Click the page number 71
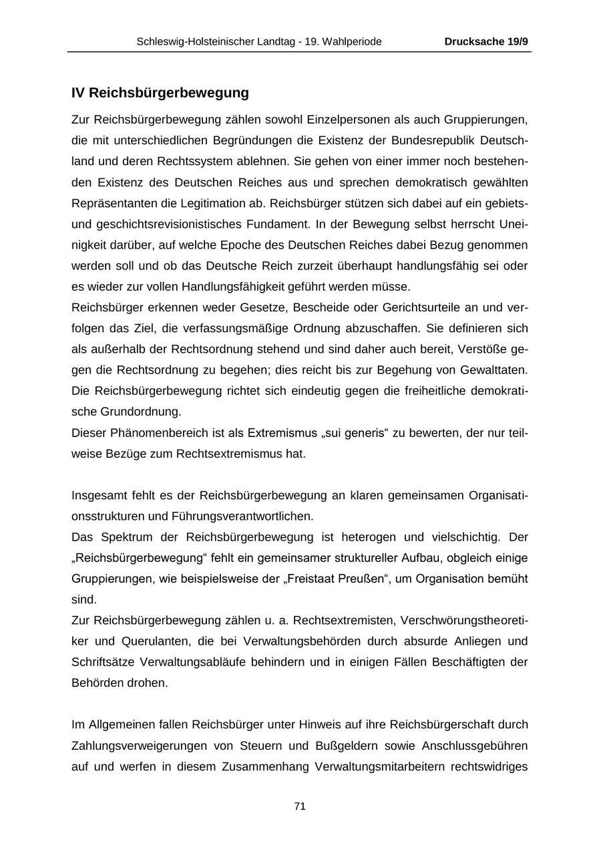click(300, 807)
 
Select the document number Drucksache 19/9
click(486, 41)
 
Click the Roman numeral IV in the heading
click(78, 92)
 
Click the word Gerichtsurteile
click(426, 307)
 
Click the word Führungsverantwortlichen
click(249, 516)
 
